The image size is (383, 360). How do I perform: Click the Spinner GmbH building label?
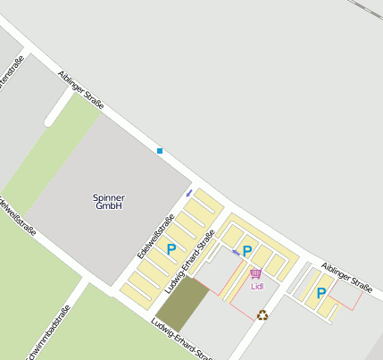click(x=109, y=201)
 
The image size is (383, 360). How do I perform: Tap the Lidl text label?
click(x=258, y=287)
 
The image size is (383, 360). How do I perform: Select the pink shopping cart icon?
click(x=256, y=273)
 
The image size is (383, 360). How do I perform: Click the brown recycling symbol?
click(x=262, y=314)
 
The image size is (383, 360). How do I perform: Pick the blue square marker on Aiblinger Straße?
click(x=160, y=151)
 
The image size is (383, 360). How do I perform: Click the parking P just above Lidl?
click(x=247, y=251)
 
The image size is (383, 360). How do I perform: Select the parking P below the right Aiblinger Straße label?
click(x=321, y=292)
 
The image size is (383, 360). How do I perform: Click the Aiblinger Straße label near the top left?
click(x=81, y=90)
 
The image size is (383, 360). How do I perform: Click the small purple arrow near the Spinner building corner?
click(x=189, y=191)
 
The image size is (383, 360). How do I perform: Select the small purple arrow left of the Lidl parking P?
click(x=236, y=252)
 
